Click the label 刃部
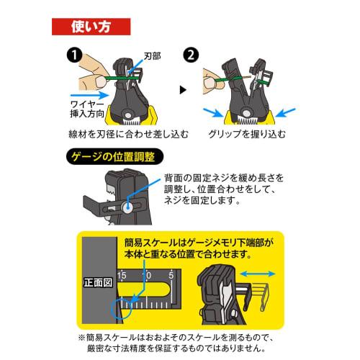tap(153, 54)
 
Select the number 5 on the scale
tap(171, 275)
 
